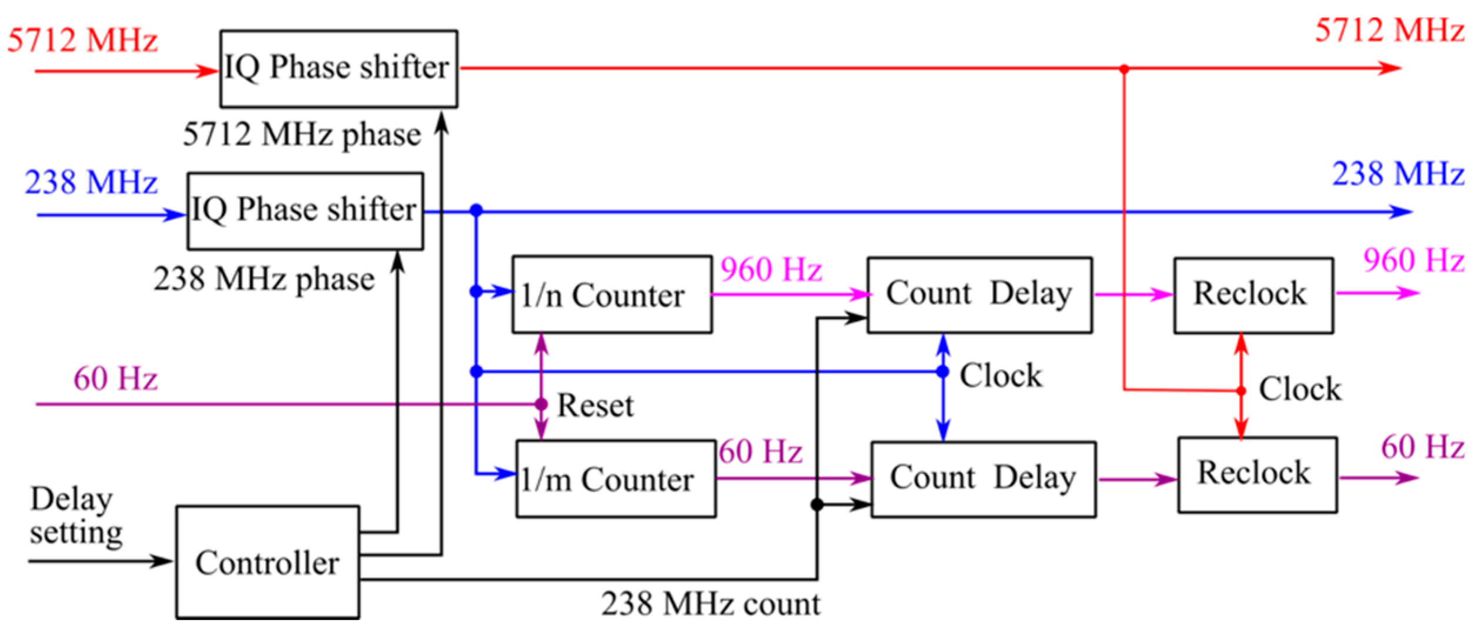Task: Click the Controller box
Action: tap(267, 562)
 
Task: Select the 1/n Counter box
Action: tap(611, 294)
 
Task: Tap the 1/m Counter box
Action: tap(616, 479)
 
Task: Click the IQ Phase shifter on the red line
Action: tap(338, 68)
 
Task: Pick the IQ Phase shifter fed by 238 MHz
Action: tap(305, 211)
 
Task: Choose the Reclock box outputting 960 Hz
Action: tap(1253, 295)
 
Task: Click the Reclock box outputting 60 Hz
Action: tap(1257, 475)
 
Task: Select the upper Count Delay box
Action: tap(979, 295)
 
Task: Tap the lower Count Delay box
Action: tap(982, 479)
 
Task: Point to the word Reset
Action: tap(595, 406)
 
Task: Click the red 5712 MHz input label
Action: tap(82, 41)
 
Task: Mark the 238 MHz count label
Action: tap(710, 605)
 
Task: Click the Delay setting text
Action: tap(75, 516)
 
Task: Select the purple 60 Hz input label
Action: tap(115, 378)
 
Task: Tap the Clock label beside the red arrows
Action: tap(1299, 389)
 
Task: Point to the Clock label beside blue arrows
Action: tap(1000, 376)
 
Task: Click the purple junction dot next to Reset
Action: tap(541, 404)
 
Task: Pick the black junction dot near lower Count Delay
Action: tap(816, 504)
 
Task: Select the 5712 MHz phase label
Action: tap(302, 134)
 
